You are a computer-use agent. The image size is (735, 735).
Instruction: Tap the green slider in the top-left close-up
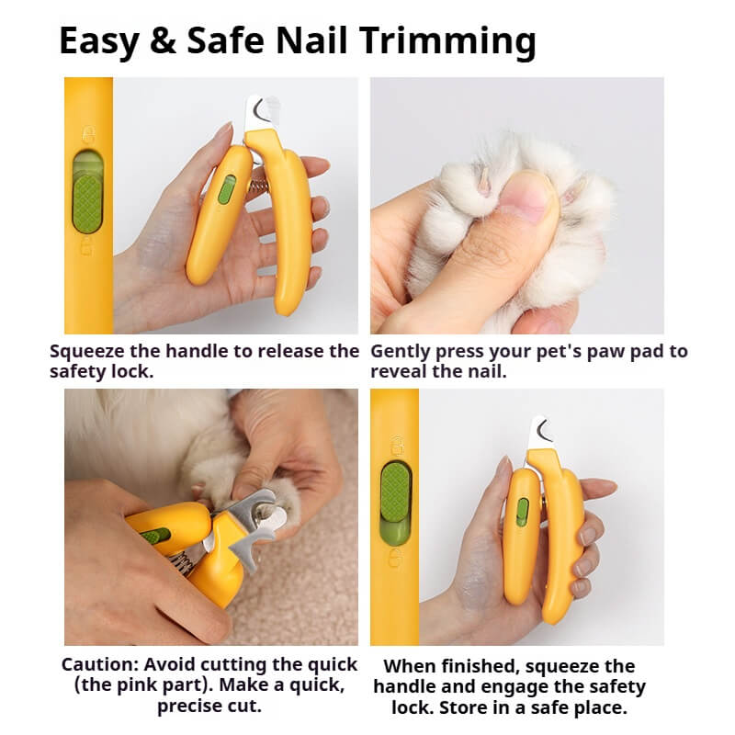coord(87,195)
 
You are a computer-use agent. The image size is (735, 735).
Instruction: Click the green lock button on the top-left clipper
coord(226,189)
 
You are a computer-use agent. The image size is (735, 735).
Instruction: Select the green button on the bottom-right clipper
coord(522,512)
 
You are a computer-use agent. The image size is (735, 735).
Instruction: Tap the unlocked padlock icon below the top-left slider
coord(86,246)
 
